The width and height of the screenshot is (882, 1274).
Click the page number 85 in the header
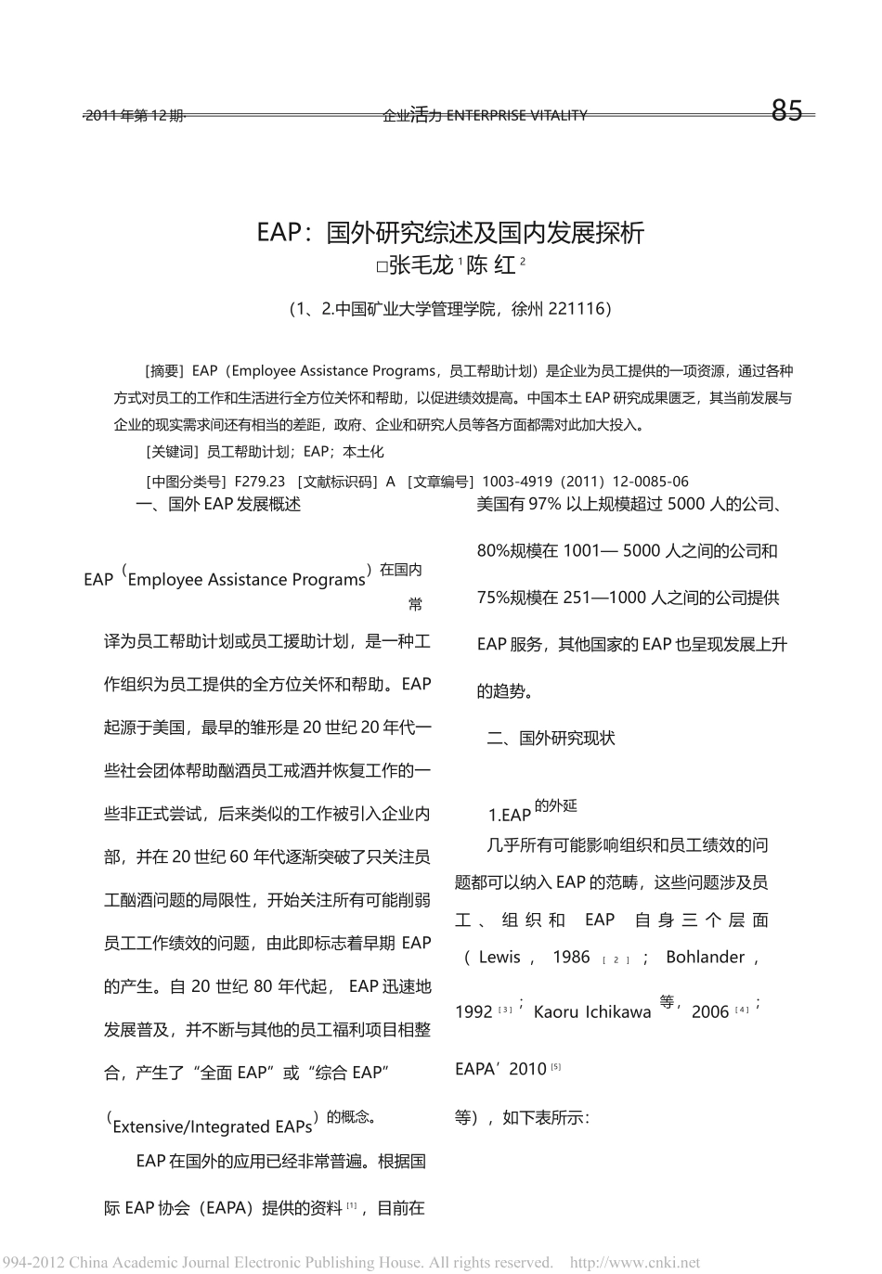tap(786, 111)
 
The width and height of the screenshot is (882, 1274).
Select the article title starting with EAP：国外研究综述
tap(450, 232)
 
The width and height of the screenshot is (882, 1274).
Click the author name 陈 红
tap(491, 265)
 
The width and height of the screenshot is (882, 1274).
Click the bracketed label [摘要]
tap(167, 371)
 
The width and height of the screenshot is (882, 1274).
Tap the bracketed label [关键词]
tap(173, 452)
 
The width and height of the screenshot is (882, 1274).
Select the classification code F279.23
tap(260, 482)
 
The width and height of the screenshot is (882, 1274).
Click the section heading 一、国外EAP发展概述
tap(218, 505)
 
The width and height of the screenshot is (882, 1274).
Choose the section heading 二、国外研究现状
tap(551, 739)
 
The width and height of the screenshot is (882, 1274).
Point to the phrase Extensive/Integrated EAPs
tap(213, 1127)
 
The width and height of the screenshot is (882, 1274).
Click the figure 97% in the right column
tap(543, 505)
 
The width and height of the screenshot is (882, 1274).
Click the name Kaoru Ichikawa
tap(592, 1012)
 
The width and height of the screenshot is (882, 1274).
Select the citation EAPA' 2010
tap(500, 1069)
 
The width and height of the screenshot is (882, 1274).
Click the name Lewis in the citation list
tap(499, 958)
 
